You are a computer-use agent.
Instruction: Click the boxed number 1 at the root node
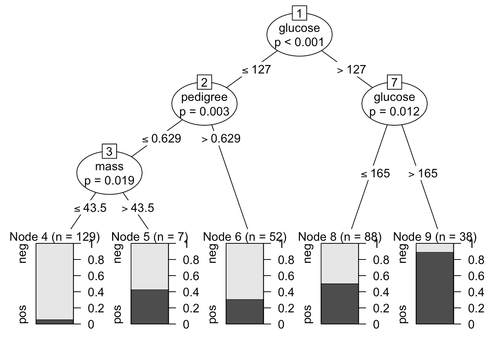pyautogui.click(x=299, y=14)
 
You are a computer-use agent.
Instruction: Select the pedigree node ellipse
pyautogui.click(x=204, y=104)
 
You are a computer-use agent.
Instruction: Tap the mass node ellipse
pyautogui.click(x=109, y=173)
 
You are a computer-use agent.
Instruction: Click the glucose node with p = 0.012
pyautogui.click(x=394, y=104)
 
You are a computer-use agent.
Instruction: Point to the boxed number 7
pyautogui.click(x=394, y=82)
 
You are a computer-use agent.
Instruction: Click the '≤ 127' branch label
pyautogui.click(x=256, y=70)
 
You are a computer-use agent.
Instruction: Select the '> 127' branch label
pyautogui.click(x=351, y=70)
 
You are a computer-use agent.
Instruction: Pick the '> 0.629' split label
pyautogui.click(x=221, y=139)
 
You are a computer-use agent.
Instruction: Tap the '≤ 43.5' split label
pyautogui.click(x=90, y=208)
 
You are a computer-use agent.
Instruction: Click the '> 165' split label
pyautogui.click(x=423, y=173)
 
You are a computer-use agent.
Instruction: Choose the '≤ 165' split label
pyautogui.click(x=375, y=173)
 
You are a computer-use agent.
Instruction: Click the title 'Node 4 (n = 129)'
pyautogui.click(x=55, y=237)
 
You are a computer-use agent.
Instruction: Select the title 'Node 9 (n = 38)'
pyautogui.click(x=435, y=237)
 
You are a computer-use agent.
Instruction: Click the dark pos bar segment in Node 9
pyautogui.click(x=435, y=288)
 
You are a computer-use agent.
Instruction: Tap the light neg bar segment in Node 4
pyautogui.click(x=55, y=281)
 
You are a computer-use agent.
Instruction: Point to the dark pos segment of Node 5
pyautogui.click(x=150, y=307)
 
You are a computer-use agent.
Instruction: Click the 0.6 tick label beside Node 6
pyautogui.click(x=286, y=276)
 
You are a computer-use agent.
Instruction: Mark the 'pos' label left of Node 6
pyautogui.click(x=212, y=314)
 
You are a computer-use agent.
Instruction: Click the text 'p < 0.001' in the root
pyautogui.click(x=299, y=42)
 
